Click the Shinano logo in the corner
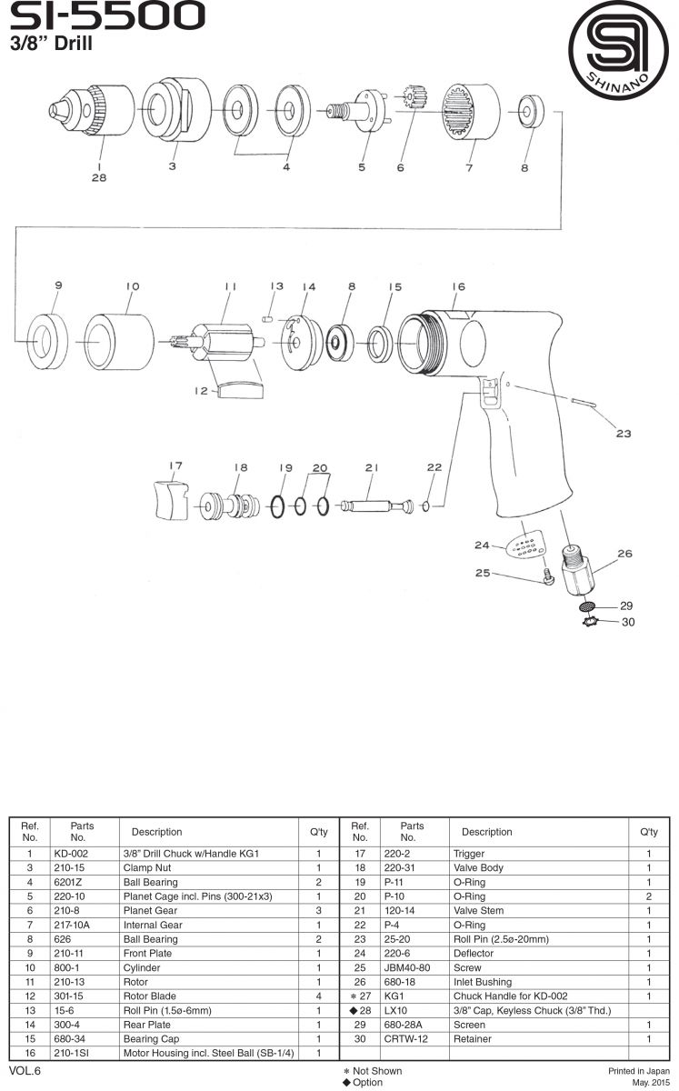click(x=617, y=51)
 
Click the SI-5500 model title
click(x=106, y=16)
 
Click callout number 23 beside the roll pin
click(x=623, y=434)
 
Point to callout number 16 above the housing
click(x=457, y=287)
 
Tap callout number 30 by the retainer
click(x=626, y=623)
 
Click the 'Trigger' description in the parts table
click(x=469, y=854)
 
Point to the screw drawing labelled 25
click(x=549, y=576)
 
